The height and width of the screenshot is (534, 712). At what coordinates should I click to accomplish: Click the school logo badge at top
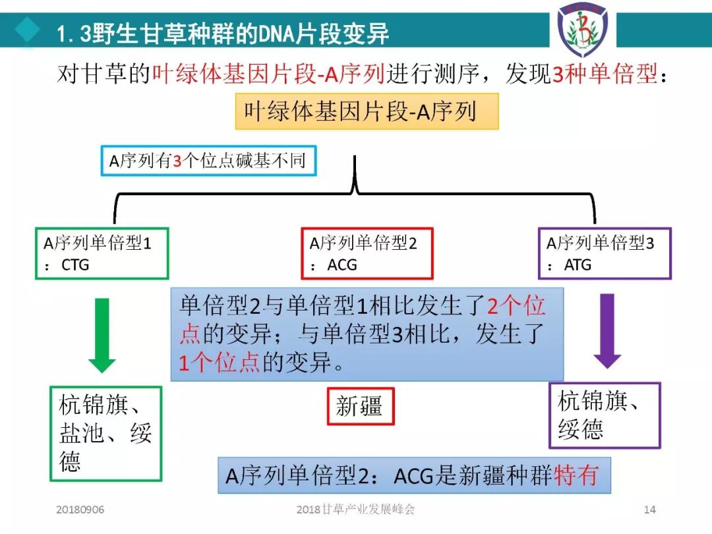[582, 30]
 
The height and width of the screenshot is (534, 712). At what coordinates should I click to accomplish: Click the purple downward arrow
[607, 330]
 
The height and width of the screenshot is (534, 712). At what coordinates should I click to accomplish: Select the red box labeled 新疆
[360, 405]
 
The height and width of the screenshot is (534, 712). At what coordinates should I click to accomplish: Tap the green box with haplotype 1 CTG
[102, 254]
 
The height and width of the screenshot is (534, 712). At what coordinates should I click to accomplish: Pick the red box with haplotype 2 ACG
[367, 254]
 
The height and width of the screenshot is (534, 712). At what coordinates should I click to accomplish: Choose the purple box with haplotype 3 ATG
[605, 254]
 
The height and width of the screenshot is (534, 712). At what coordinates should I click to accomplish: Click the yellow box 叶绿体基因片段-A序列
[367, 111]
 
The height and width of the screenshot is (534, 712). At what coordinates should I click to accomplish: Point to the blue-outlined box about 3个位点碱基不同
[208, 161]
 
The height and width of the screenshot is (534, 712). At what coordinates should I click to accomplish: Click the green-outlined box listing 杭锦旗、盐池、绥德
[105, 433]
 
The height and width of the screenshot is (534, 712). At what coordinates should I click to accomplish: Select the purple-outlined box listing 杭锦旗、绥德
[605, 415]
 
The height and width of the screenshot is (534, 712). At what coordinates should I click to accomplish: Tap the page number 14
[649, 510]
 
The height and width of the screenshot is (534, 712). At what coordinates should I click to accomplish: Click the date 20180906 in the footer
[80, 510]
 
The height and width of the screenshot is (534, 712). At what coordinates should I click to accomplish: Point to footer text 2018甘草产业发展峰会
[355, 510]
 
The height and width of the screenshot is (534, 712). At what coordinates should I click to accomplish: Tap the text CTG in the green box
[74, 265]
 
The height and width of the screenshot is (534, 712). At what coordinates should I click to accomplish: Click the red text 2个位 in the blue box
[516, 307]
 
